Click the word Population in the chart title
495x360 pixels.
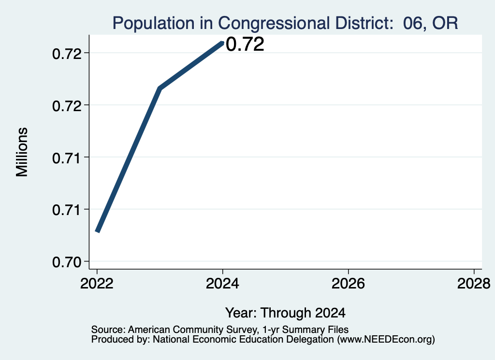pyautogui.click(x=153, y=24)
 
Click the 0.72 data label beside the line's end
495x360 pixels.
pyautogui.click(x=245, y=44)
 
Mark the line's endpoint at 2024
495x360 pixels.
pyautogui.click(x=222, y=43)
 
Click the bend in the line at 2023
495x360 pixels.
pyautogui.click(x=160, y=88)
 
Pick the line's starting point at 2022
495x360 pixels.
pyautogui.click(x=98, y=231)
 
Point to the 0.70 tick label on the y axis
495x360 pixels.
pyautogui.click(x=67, y=262)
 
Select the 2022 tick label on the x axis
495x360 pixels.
pyautogui.click(x=97, y=284)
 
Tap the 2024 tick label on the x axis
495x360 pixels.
pyautogui.click(x=222, y=284)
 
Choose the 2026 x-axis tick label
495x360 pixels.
pyautogui.click(x=348, y=284)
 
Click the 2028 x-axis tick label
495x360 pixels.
pyautogui.click(x=474, y=284)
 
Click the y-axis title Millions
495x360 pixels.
pyautogui.click(x=22, y=152)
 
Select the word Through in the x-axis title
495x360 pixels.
pyautogui.click(x=286, y=313)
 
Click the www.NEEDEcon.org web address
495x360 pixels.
pyautogui.click(x=386, y=340)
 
